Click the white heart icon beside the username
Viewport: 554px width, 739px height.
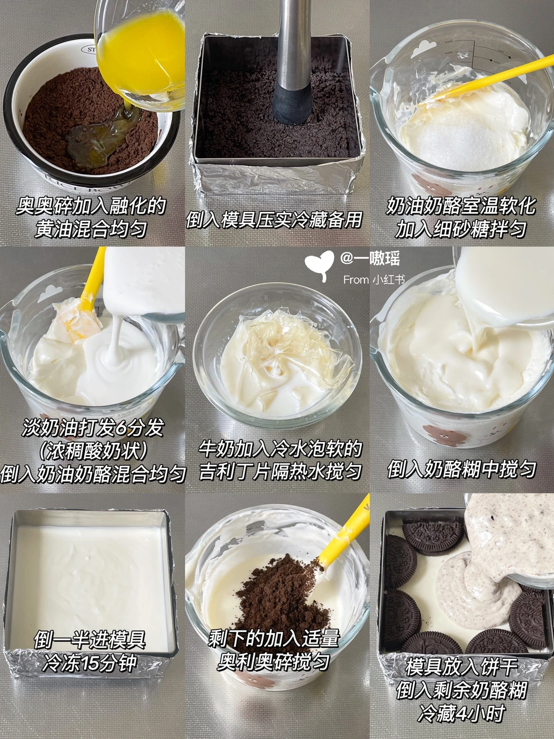tap(319, 265)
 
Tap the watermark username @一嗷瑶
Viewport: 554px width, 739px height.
tap(370, 259)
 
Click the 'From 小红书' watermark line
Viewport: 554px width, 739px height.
tap(374, 280)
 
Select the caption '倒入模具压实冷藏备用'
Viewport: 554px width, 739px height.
tap(274, 220)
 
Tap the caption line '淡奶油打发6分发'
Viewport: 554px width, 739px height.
tap(93, 429)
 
